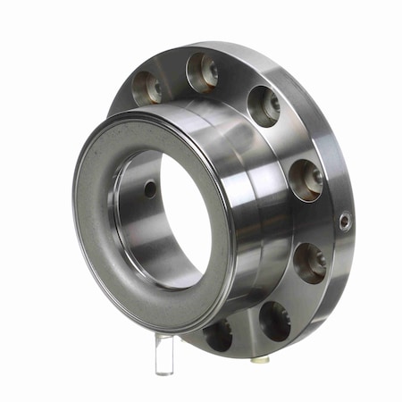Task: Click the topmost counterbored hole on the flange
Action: pos(202,71)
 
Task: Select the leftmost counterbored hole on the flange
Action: pos(147,87)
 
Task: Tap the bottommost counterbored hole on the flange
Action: pos(218,335)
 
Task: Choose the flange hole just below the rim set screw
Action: pos(310,261)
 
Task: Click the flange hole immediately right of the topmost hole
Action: pos(264,105)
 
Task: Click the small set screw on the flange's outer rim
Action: pos(345,221)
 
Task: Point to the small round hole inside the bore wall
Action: pos(149,188)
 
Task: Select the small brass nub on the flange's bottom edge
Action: pos(259,358)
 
